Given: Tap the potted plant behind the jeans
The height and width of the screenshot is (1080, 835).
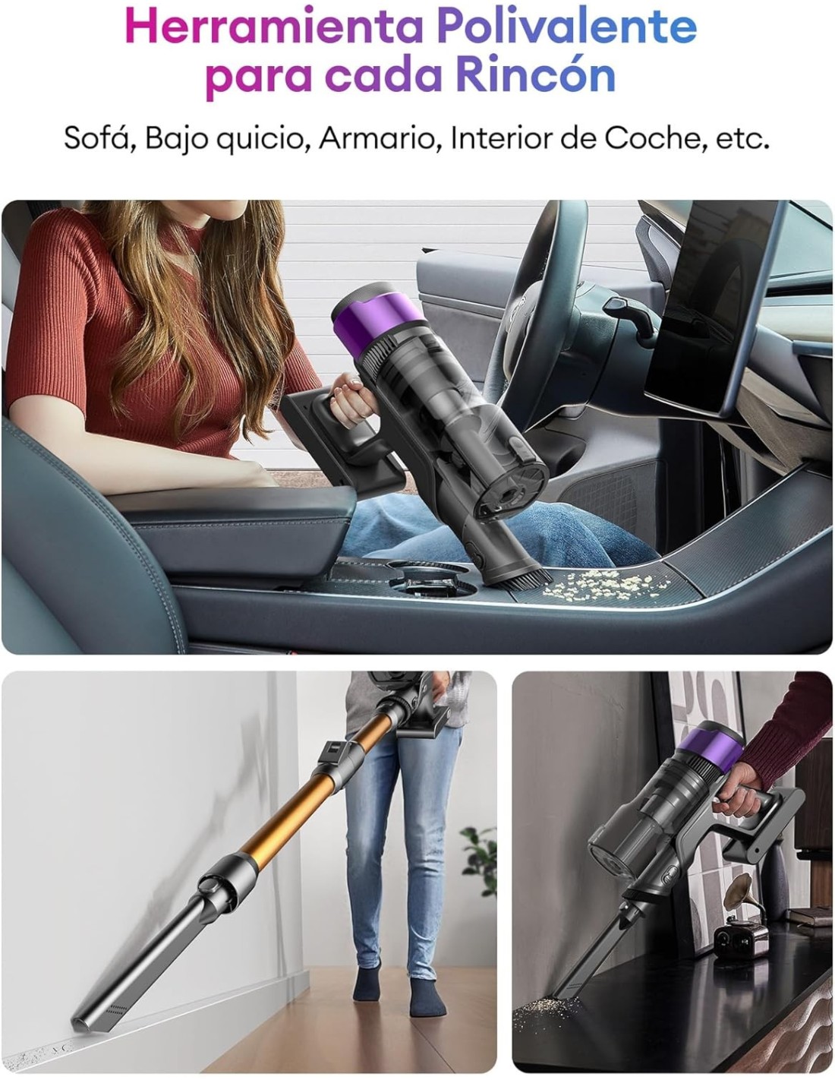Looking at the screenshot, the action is [479, 860].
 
